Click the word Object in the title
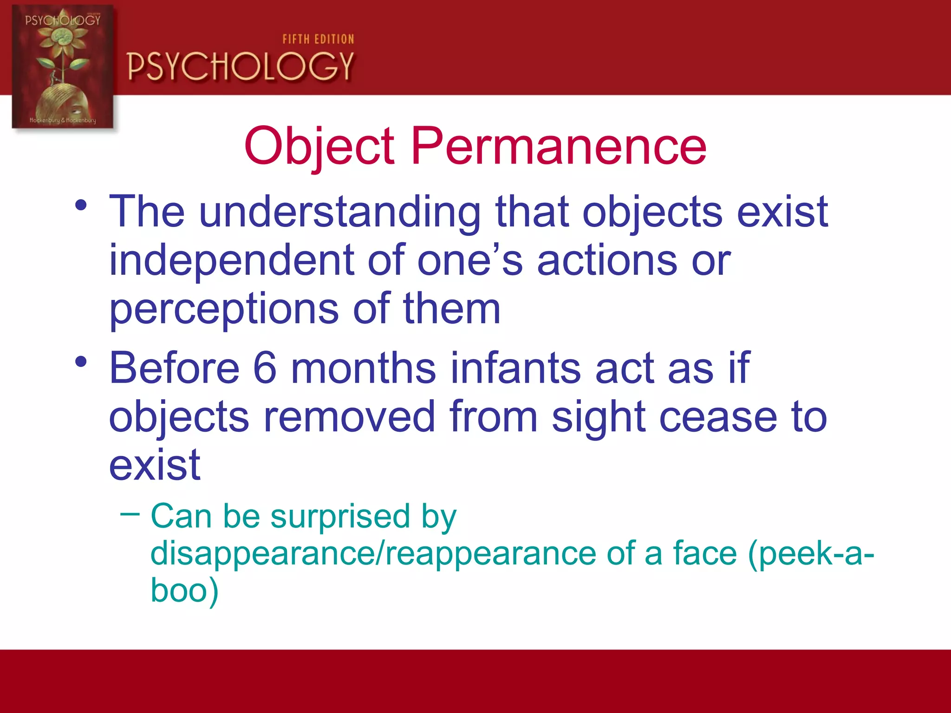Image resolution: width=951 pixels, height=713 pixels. (319, 147)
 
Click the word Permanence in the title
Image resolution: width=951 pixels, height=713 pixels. (559, 147)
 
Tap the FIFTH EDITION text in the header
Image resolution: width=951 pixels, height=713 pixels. (318, 39)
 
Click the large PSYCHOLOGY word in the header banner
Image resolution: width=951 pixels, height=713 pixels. (241, 66)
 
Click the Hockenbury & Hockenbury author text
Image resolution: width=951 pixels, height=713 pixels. (63, 120)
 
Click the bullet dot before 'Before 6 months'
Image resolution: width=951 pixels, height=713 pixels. (81, 362)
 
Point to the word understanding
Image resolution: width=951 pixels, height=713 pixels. (340, 212)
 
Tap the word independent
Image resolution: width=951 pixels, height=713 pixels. (231, 261)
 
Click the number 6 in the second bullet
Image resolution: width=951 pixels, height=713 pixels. (265, 368)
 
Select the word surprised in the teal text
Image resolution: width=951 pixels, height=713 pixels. (340, 517)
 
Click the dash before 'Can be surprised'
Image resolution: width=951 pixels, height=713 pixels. (130, 514)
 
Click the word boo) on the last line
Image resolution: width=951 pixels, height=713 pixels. (184, 590)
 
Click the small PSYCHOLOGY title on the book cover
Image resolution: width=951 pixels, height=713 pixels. (63, 20)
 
